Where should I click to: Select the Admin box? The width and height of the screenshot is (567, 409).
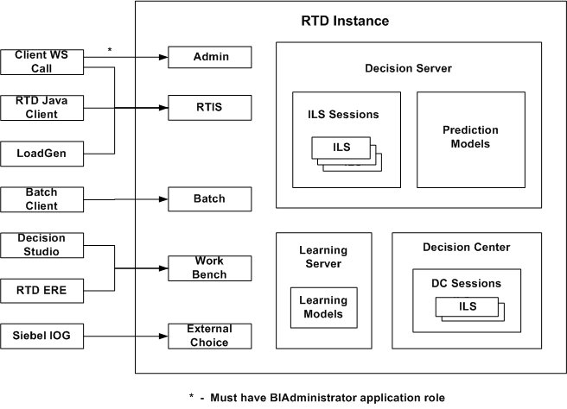[209, 58]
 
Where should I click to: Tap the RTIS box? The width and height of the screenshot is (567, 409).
[209, 107]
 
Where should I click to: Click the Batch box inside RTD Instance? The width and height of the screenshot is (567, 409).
[209, 199]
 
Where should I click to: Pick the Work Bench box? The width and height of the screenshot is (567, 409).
[209, 267]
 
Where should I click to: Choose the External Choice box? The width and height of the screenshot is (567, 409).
[209, 335]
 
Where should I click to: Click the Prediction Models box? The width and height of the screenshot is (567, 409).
[470, 137]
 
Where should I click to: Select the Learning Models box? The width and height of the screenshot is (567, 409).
[322, 306]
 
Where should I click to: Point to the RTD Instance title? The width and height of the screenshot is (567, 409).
[345, 21]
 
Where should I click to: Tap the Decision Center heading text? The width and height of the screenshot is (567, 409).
[467, 248]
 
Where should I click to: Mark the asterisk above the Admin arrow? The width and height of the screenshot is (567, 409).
[109, 51]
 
